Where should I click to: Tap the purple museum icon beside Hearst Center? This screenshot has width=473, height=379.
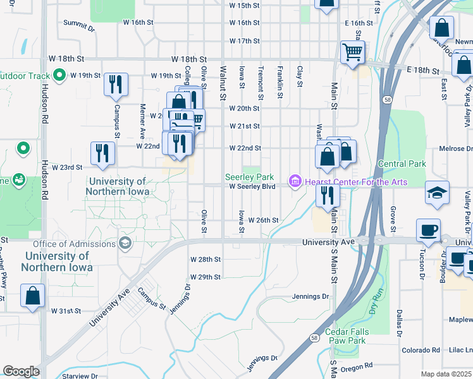[x=294, y=183]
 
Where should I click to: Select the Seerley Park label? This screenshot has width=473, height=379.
[x=250, y=177]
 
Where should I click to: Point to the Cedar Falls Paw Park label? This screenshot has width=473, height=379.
[x=345, y=336]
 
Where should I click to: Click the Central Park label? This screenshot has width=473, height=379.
[x=402, y=164]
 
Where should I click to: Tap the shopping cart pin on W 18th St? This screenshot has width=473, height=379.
[x=353, y=52]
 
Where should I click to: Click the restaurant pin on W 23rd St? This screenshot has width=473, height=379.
[x=102, y=153]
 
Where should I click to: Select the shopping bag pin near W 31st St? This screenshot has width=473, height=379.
[x=32, y=296]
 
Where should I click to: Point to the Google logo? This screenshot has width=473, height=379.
[x=21, y=371]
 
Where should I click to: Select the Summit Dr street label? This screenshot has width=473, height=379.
[x=79, y=29]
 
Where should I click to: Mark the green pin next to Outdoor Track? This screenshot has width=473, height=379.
[x=59, y=76]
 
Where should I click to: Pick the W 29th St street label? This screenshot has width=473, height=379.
[x=205, y=277]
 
